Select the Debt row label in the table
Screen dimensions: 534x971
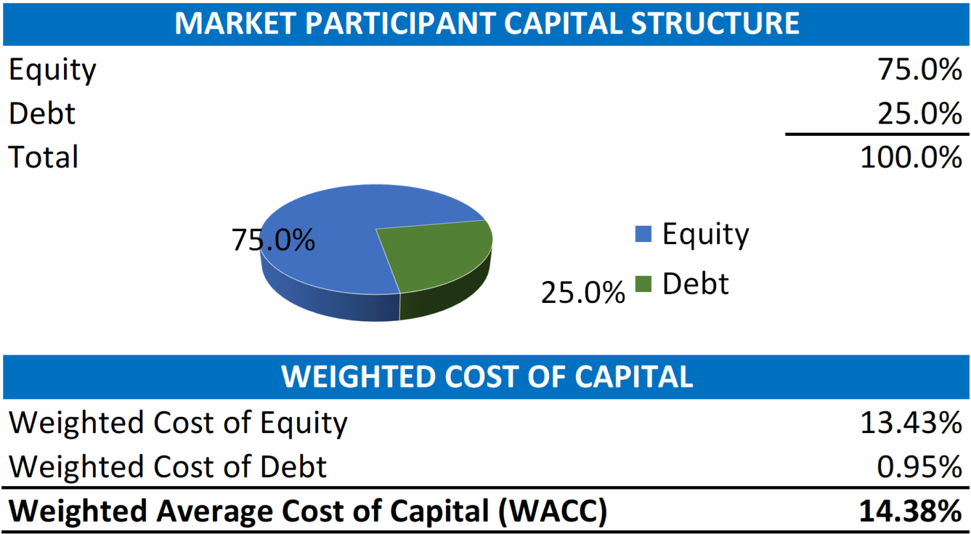point(42,114)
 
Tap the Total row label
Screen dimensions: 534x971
point(43,157)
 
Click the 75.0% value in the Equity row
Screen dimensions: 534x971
point(919,70)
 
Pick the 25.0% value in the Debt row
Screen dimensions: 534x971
point(919,114)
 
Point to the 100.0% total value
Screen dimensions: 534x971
point(911,157)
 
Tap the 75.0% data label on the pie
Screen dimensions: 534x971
point(273,240)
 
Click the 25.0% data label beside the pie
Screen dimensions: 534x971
point(583,293)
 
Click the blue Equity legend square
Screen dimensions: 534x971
point(643,234)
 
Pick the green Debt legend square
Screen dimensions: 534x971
point(643,284)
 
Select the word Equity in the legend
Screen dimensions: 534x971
point(706,234)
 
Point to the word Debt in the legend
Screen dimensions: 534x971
point(695,284)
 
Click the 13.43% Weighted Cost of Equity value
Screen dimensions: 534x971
point(911,423)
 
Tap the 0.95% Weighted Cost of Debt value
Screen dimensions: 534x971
point(919,467)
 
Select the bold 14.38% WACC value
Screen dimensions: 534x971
point(910,511)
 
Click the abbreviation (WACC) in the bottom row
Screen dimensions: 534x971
point(553,511)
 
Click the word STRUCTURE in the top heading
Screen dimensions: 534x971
point(715,23)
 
